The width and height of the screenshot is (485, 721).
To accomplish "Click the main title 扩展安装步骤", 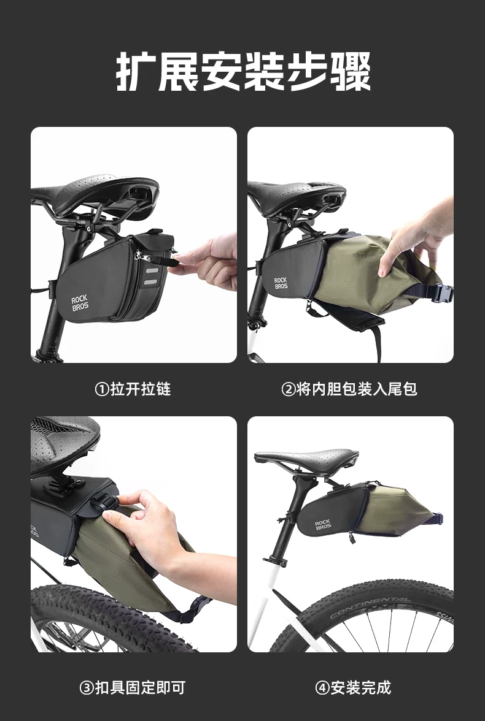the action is pyautogui.click(x=243, y=72).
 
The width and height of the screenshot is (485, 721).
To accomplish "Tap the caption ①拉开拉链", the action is pyautogui.click(x=133, y=389).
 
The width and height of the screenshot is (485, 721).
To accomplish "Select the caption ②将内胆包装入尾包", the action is pyautogui.click(x=349, y=389).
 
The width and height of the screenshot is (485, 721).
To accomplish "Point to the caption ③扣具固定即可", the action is pyautogui.click(x=133, y=687).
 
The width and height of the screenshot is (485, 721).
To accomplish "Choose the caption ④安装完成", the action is pyautogui.click(x=353, y=687).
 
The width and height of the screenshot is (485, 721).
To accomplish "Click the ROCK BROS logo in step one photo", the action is pyautogui.click(x=80, y=303).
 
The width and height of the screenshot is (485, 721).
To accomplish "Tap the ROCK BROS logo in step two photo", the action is pyautogui.click(x=281, y=283).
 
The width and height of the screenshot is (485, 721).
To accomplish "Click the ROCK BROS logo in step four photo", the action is pyautogui.click(x=323, y=525).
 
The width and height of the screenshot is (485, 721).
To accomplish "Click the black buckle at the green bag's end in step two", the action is pyautogui.click(x=442, y=293).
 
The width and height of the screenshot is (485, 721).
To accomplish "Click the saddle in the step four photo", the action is pyautogui.click(x=307, y=457).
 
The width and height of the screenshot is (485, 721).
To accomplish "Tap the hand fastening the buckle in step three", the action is pyautogui.click(x=152, y=528).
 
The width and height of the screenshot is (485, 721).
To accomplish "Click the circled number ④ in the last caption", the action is pyautogui.click(x=322, y=688).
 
